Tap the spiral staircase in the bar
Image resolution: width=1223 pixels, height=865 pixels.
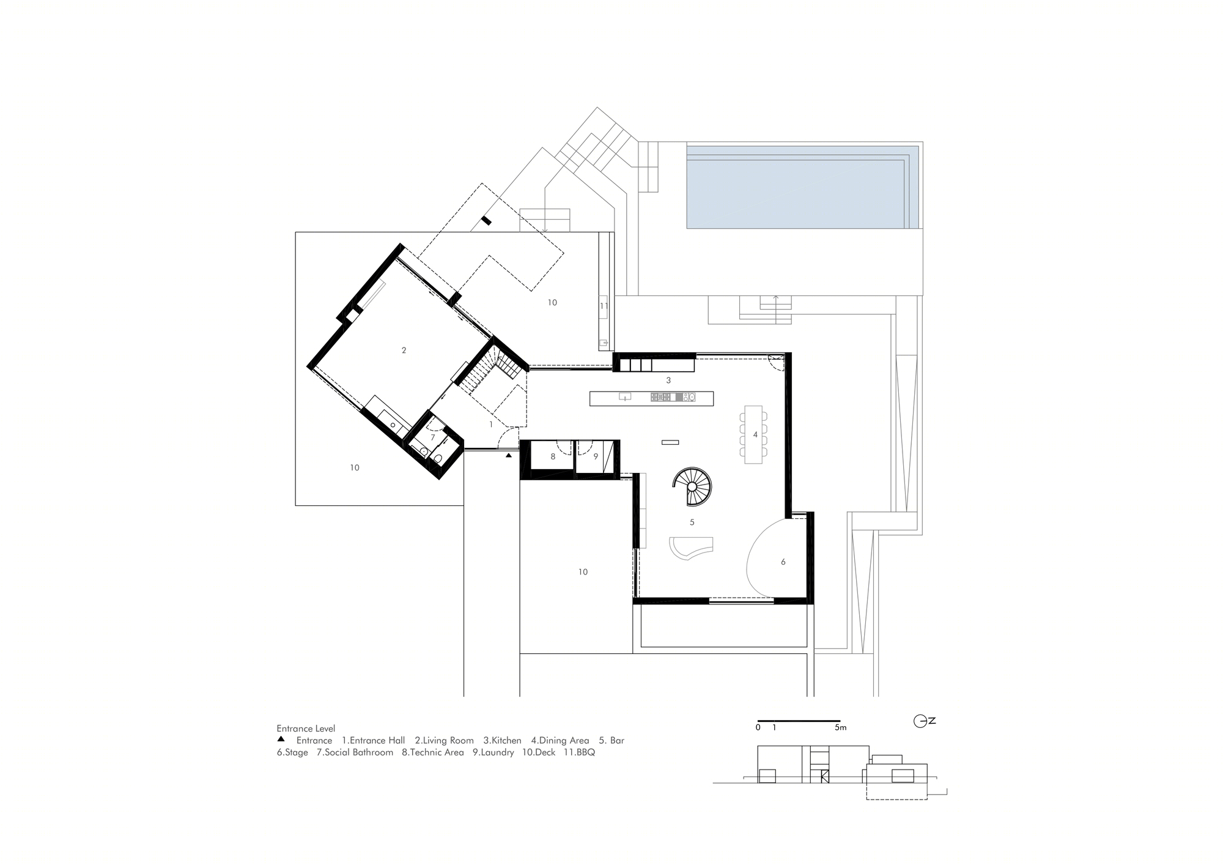click(692, 486)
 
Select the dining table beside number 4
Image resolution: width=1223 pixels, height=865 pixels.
click(753, 434)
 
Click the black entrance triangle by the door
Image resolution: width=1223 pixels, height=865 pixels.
click(509, 456)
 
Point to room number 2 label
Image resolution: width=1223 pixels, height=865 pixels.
click(404, 351)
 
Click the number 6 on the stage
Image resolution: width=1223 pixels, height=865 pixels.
click(783, 562)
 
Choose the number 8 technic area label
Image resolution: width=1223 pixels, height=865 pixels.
click(553, 456)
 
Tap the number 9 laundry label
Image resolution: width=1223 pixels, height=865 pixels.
click(596, 456)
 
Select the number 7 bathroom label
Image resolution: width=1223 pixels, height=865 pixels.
click(432, 438)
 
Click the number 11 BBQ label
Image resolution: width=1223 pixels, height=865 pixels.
click(604, 306)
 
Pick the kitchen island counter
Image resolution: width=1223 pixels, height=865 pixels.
click(651, 398)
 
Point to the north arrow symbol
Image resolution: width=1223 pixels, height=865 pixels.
click(924, 721)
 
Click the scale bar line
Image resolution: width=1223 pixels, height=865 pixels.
click(799, 721)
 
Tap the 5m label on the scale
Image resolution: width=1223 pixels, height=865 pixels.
click(841, 728)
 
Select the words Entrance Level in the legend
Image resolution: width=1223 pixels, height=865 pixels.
click(306, 729)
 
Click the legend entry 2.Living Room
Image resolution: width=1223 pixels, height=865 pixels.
click(445, 740)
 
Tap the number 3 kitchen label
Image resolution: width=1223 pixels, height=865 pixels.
click(668, 381)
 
